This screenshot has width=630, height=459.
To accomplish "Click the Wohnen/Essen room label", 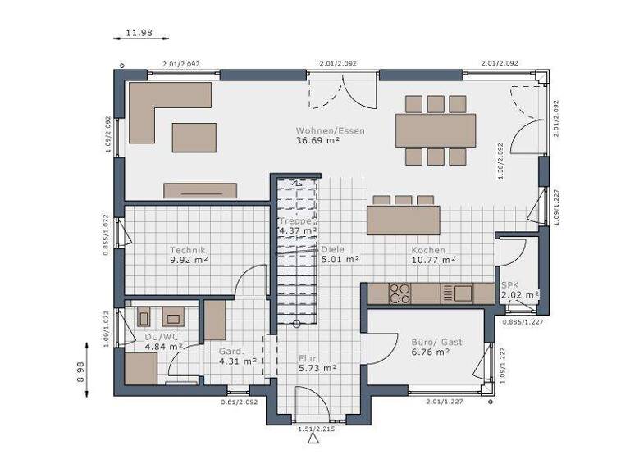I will click(x=331, y=130).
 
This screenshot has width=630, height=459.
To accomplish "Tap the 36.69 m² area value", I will click(x=318, y=141).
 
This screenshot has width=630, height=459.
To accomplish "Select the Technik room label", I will click(x=188, y=250).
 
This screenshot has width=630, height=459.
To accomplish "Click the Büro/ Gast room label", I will click(x=430, y=342).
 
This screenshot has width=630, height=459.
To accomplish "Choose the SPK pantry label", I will click(x=509, y=284).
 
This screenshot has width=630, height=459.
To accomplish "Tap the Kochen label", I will click(x=428, y=250).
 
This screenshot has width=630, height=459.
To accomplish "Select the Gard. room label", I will click(x=231, y=351).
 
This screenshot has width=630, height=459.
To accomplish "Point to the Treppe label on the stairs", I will click(x=295, y=221).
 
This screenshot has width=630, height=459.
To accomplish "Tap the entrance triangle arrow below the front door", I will click(x=312, y=440).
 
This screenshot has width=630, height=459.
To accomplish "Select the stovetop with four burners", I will click(x=399, y=293).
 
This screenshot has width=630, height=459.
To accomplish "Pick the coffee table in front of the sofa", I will click(x=194, y=138).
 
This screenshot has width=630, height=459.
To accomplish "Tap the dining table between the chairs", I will click(x=436, y=130).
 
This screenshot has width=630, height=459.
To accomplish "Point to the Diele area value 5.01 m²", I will click(x=340, y=260).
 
